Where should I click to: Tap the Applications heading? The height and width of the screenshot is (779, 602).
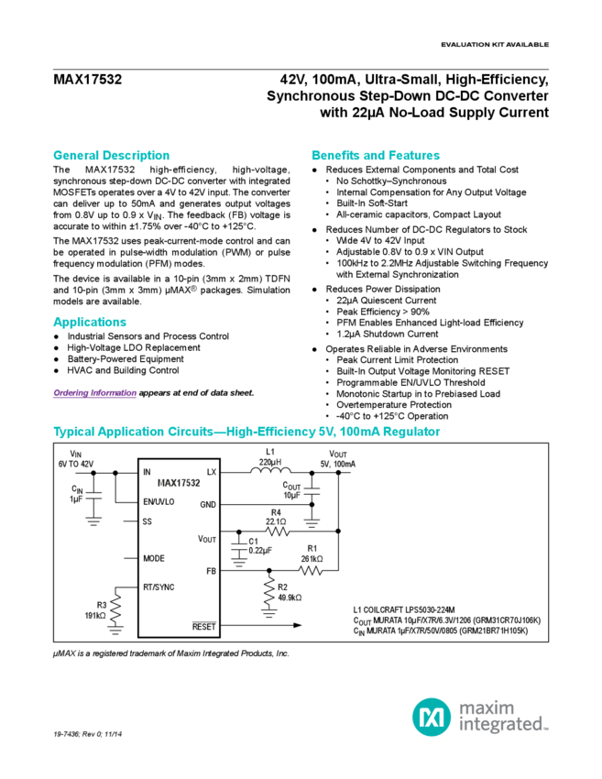(90, 322)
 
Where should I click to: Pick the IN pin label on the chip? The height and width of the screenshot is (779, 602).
(147, 472)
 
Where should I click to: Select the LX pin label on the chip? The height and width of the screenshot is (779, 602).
(212, 472)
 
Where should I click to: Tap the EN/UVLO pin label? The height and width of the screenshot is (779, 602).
(158, 501)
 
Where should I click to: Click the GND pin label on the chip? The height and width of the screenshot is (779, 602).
(208, 505)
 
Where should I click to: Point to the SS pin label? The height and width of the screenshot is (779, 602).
(147, 521)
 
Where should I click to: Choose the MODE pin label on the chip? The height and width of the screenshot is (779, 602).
(153, 557)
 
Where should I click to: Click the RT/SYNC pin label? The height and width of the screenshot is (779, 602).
(159, 586)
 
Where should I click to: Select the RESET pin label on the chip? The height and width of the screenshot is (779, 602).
(203, 627)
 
